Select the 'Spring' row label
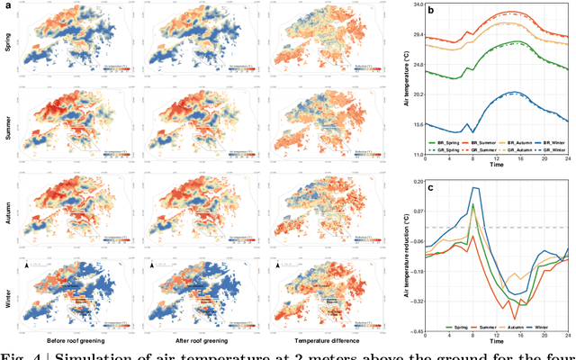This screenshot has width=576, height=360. point(9,42)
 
